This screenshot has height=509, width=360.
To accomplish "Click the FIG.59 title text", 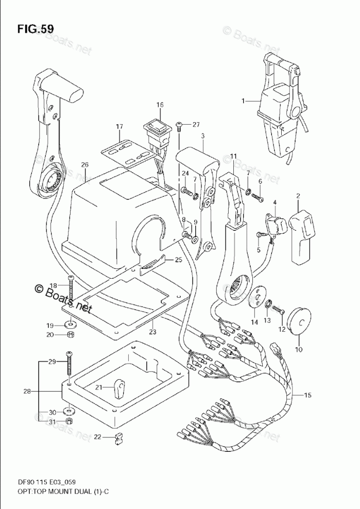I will tap(35, 29).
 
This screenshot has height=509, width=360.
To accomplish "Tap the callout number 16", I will tap(160, 105).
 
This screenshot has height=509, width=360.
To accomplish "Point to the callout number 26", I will tap(85, 165).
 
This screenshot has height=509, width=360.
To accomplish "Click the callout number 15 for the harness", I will tap(307, 396).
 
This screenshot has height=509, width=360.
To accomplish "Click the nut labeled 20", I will tap(71, 335).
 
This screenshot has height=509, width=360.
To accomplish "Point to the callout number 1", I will tap(244, 101).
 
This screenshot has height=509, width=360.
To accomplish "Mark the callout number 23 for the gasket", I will tap(152, 332).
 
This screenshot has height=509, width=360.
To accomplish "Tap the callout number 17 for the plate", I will tap(119, 127).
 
